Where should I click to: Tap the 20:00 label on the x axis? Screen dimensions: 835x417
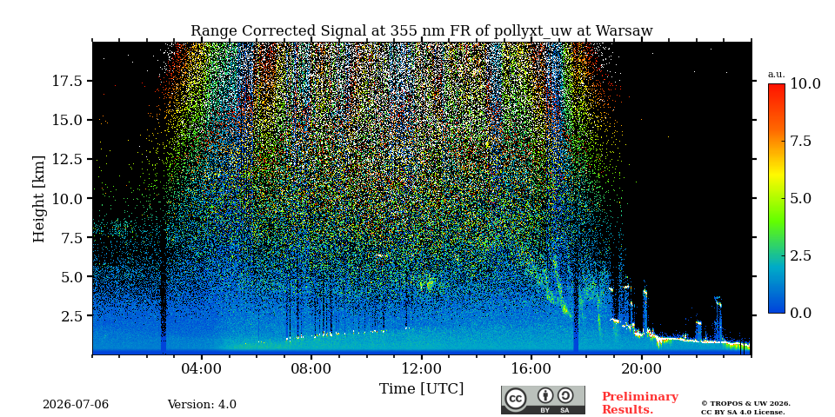point(642,369)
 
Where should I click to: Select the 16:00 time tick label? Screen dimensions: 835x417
point(532,369)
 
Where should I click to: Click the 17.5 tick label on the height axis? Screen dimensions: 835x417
point(67,81)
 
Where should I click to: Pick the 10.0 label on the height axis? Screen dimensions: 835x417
point(67,198)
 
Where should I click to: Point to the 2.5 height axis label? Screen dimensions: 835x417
point(72,316)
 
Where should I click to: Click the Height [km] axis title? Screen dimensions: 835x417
point(39,198)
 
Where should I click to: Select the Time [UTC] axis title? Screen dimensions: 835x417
point(421,389)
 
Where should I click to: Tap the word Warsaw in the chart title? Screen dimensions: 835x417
point(624,31)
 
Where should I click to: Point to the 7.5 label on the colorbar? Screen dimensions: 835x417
point(800,141)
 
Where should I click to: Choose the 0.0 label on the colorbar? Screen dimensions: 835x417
point(800,314)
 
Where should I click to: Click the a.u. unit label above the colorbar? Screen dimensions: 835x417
point(777,75)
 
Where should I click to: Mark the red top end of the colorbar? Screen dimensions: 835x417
point(777,85)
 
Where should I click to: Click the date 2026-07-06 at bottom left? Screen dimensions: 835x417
point(76,405)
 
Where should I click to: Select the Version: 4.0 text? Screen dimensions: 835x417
point(202,405)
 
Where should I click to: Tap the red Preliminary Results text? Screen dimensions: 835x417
point(640,403)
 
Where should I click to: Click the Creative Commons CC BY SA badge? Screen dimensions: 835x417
point(543,400)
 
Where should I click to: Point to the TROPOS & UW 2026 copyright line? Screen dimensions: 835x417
point(745,404)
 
